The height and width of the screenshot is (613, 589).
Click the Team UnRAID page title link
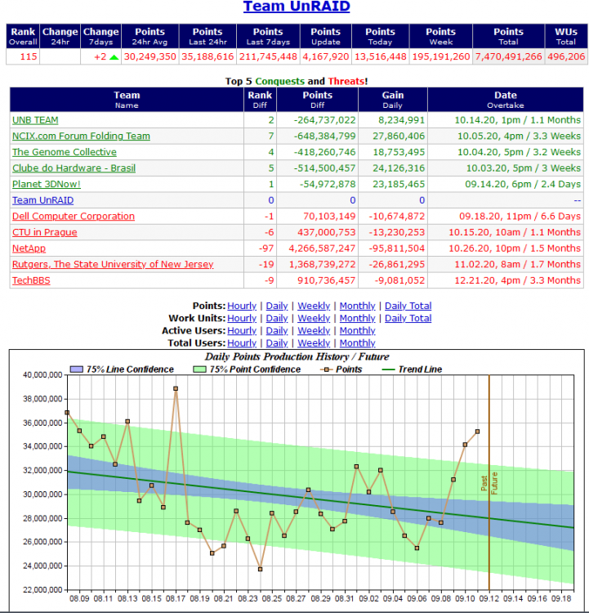click(297, 7)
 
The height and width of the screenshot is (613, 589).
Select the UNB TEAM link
click(35, 120)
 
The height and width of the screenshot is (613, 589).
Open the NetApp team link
click(29, 248)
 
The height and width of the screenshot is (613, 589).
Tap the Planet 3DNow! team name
click(46, 184)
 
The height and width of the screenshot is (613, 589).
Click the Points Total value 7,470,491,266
click(508, 56)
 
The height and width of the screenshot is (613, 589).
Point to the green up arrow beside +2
click(114, 57)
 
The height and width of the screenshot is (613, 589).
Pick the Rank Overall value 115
click(29, 56)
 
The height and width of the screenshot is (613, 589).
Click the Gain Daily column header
click(393, 100)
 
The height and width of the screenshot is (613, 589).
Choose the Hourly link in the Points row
click(242, 306)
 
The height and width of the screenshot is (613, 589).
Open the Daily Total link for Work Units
click(408, 318)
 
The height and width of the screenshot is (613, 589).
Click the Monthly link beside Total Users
click(357, 342)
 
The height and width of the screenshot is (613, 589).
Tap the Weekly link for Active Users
click(314, 331)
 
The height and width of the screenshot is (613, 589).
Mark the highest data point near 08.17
click(176, 388)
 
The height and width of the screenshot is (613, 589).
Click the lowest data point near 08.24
click(261, 569)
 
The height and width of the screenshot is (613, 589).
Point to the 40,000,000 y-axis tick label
click(42, 375)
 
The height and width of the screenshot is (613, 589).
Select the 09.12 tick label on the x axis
click(489, 598)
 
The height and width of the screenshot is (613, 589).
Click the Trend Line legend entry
click(412, 369)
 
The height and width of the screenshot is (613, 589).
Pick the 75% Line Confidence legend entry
click(122, 369)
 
